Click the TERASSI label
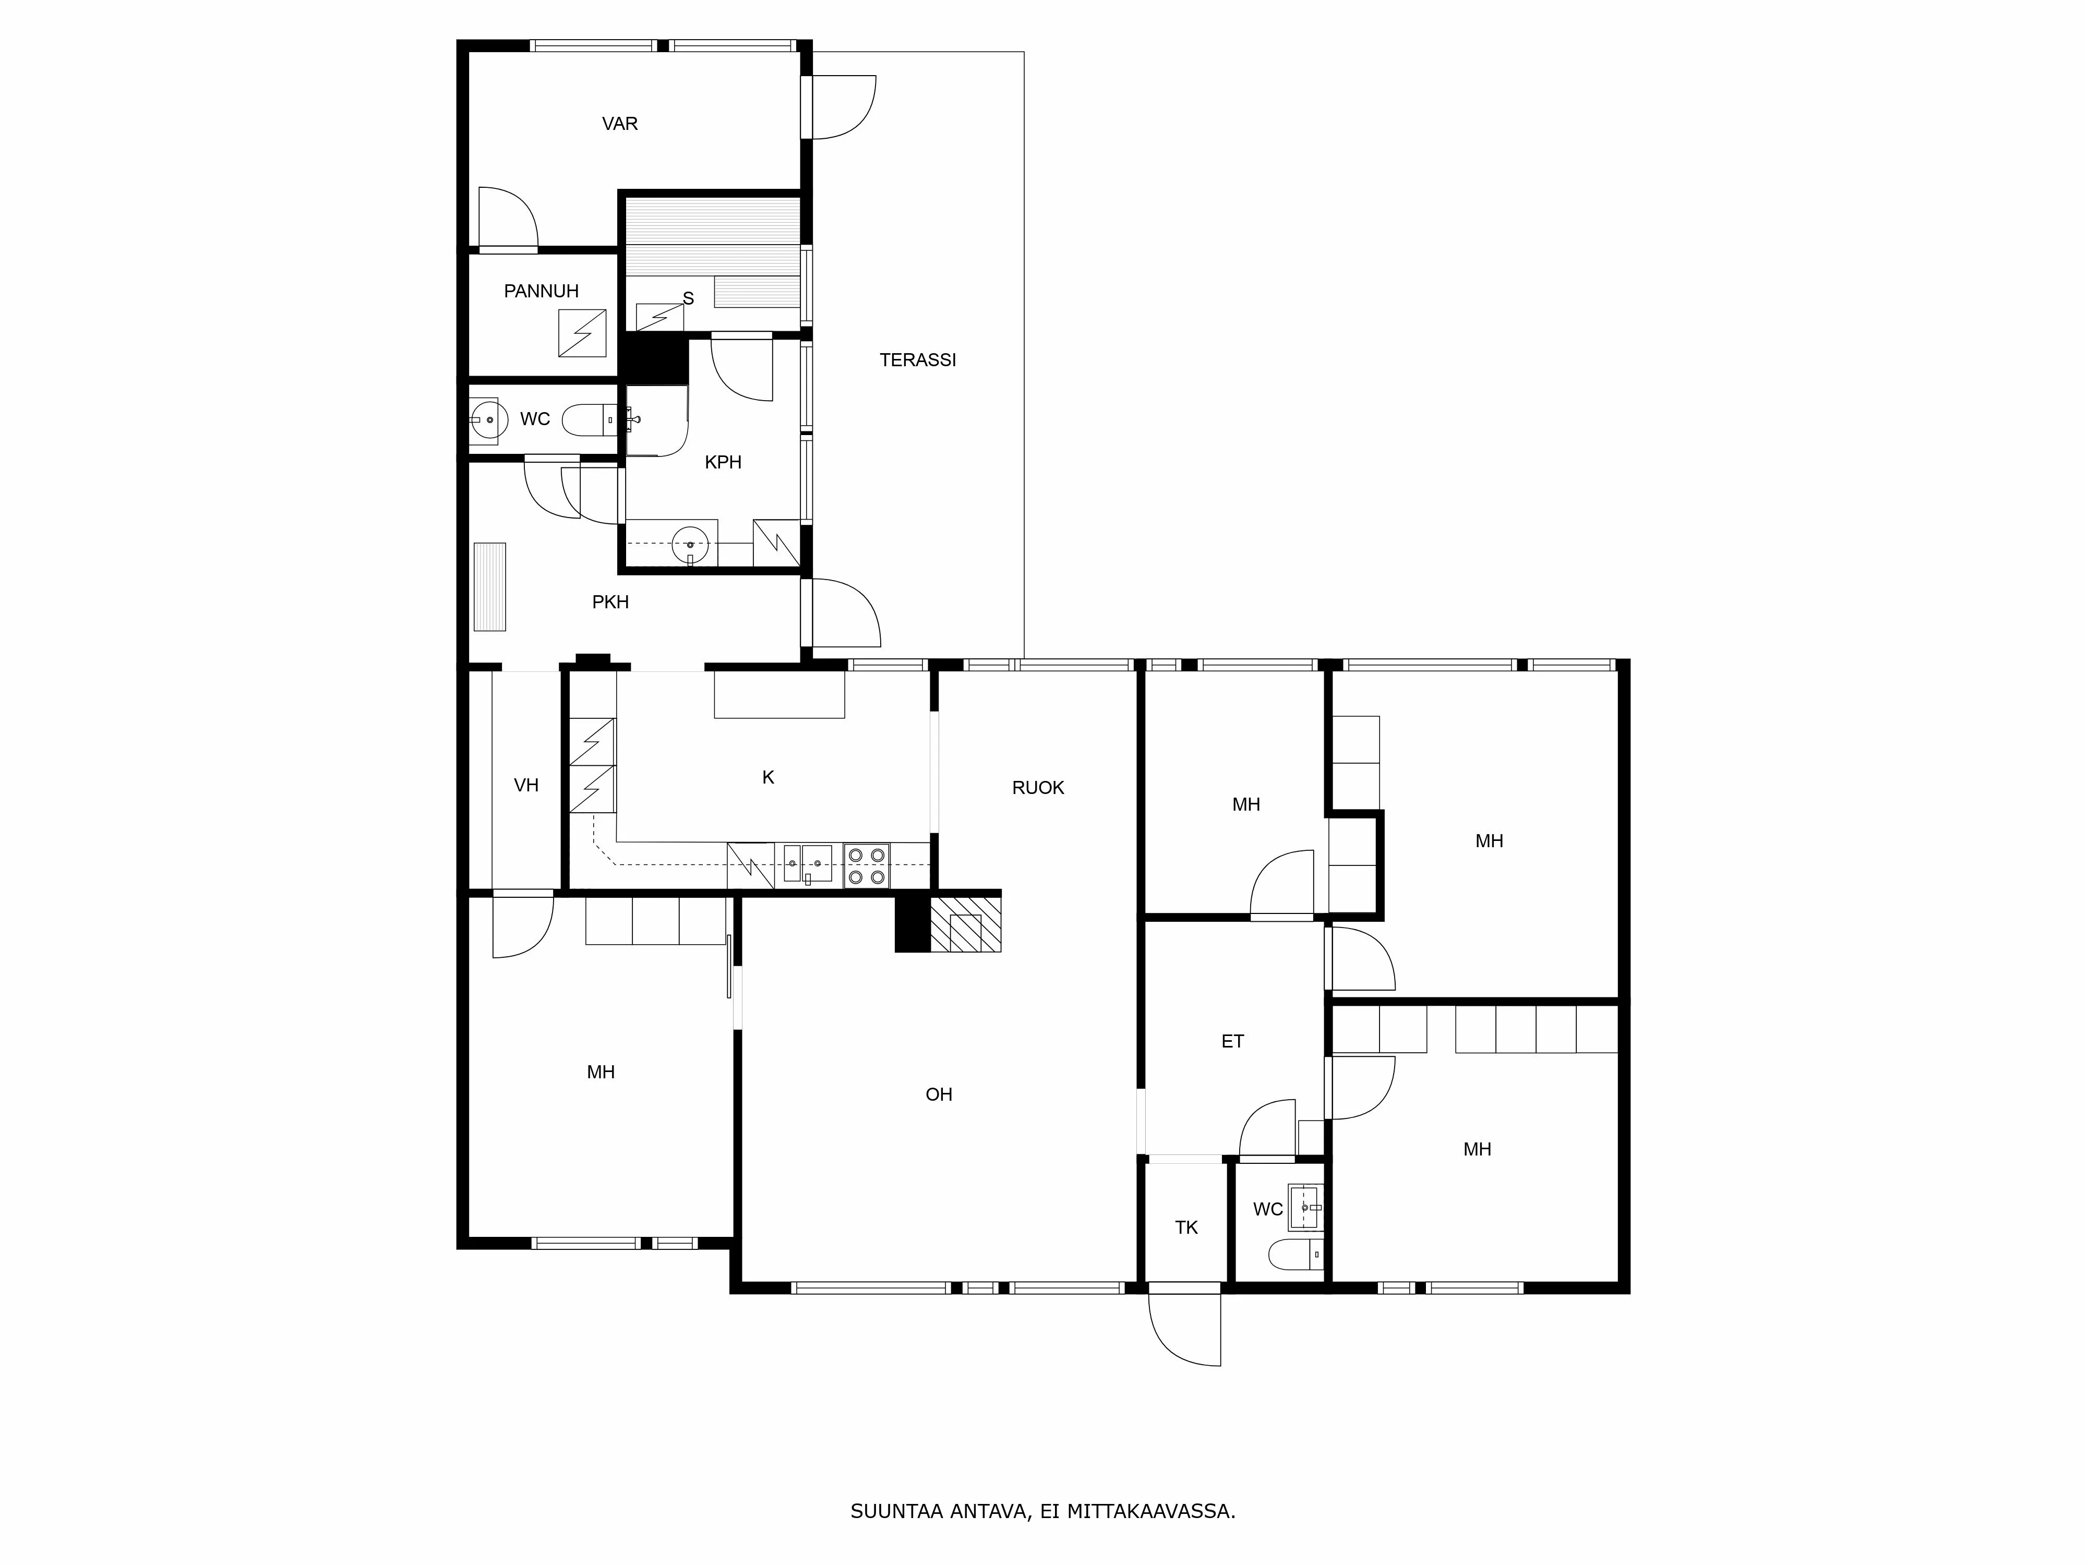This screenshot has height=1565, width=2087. click(x=917, y=359)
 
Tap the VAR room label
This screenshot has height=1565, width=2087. click(x=620, y=124)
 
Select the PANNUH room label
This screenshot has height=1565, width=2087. click(x=541, y=292)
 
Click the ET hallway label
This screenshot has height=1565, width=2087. click(x=1232, y=1041)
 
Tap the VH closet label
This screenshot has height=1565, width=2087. click(x=525, y=785)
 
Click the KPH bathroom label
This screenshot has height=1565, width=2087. click(x=723, y=462)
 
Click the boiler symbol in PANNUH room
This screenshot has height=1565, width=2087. click(x=582, y=333)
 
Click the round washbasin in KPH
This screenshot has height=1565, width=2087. click(x=690, y=544)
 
